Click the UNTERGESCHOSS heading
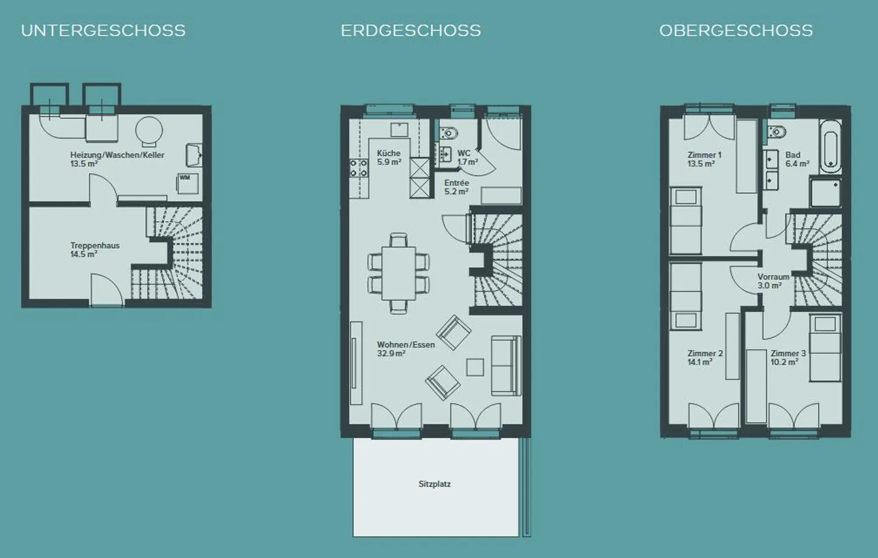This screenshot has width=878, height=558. click(x=103, y=30)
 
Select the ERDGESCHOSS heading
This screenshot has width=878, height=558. click(x=410, y=30)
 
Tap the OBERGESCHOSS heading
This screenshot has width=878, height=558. click(x=736, y=30)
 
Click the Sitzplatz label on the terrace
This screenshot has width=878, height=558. click(x=434, y=484)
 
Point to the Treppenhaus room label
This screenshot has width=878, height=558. click(x=95, y=246)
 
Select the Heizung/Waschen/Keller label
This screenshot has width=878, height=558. click(x=117, y=155)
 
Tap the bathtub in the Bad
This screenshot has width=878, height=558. click(x=830, y=146)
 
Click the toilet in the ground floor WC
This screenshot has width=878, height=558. click(x=449, y=132)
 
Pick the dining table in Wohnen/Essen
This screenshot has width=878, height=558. click(x=399, y=273)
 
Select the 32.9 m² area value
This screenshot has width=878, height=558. click(x=391, y=354)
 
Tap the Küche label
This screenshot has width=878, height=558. click(x=388, y=154)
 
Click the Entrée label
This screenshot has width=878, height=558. click(x=456, y=183)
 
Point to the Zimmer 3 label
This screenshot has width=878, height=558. click(x=788, y=354)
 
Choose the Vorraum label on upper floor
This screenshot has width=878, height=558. click(x=773, y=277)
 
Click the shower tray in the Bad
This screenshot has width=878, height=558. click(x=826, y=193)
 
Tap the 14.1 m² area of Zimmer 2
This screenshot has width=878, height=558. click(x=699, y=362)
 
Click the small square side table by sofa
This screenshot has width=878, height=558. click(x=475, y=367)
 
